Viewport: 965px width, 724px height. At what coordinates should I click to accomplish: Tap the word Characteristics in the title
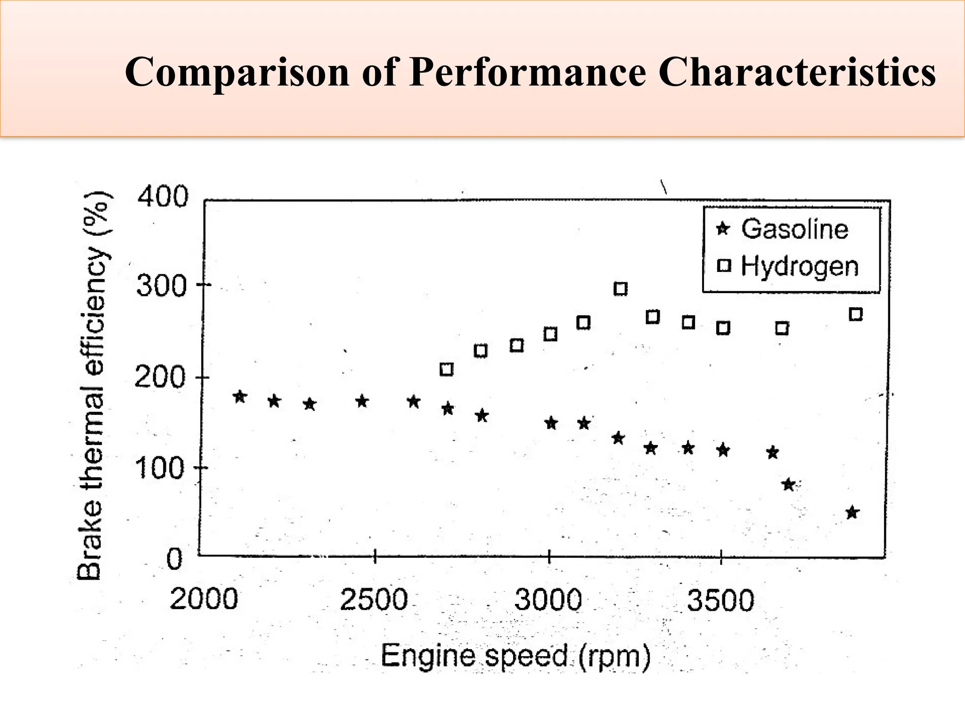point(797,73)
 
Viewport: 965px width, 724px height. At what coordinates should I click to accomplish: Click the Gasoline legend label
point(794,229)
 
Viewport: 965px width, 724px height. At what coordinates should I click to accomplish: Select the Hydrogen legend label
point(800,266)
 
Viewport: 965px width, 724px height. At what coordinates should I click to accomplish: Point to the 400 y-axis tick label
point(163,196)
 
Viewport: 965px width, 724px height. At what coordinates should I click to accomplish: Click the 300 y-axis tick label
point(162,286)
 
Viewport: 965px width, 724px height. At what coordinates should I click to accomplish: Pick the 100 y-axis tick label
point(159,469)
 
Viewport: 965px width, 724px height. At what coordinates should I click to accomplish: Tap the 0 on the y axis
point(174,560)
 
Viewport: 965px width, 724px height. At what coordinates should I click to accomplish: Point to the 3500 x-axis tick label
point(720,601)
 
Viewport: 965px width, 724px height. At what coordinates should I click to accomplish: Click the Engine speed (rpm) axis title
point(515,656)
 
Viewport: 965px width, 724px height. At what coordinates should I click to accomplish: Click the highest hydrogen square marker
point(621,289)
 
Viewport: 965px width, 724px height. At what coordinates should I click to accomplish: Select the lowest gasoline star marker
point(852,512)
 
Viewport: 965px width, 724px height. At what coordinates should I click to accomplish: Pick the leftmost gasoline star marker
point(240,396)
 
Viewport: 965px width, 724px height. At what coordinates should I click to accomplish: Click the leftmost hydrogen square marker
point(446,369)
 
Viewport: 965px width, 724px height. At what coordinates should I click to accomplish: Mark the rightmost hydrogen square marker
point(856,314)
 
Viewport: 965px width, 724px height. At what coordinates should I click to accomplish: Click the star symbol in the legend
point(723,230)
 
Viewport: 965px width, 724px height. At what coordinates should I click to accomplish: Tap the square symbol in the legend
point(724,266)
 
